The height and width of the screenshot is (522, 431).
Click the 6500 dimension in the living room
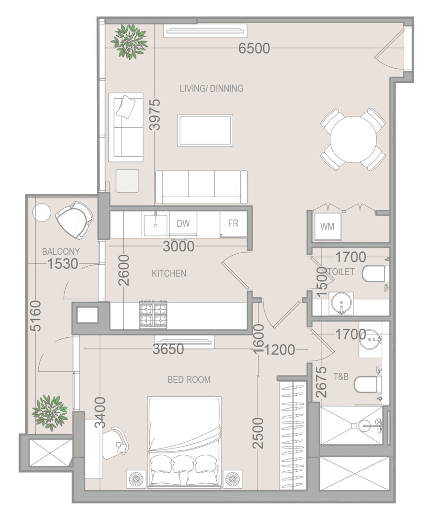coord(254,48)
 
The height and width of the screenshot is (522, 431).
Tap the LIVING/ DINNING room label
coord(211,88)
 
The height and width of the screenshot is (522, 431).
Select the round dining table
coord(353,139)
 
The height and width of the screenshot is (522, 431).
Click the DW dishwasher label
coord(183,223)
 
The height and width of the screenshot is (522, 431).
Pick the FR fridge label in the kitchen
coord(233,223)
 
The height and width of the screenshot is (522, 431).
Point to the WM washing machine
coord(327,226)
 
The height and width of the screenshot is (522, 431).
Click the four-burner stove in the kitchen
coord(153,314)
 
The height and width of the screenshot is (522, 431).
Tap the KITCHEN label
coord(169,273)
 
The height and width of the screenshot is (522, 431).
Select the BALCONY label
coord(61,251)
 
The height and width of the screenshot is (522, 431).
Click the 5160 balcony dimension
coord(36,316)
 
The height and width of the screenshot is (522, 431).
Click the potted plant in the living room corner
coord(130,41)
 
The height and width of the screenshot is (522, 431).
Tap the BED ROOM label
coord(189,379)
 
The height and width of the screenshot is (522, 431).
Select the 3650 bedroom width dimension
coord(168,349)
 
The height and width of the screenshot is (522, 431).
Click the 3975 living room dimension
coord(155,115)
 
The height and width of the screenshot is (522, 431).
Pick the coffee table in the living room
coord(205,130)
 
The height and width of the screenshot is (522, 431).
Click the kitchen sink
coord(156,225)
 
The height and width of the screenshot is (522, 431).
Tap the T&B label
coord(341,377)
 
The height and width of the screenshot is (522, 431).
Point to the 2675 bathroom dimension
coord(321,382)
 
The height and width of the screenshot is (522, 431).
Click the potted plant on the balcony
coord(50,413)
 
